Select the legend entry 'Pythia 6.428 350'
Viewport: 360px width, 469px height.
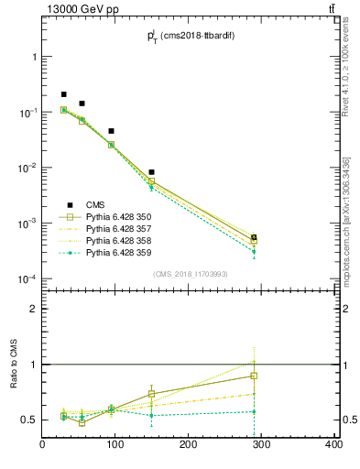click(115, 217)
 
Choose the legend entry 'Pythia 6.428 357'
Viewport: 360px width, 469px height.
click(115, 228)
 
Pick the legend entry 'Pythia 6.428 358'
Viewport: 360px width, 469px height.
click(115, 240)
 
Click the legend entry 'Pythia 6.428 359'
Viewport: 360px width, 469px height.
click(115, 252)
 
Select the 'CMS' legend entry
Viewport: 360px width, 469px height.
click(94, 205)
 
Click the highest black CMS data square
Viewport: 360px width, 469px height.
click(64, 94)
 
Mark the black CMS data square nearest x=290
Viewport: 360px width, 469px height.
click(254, 237)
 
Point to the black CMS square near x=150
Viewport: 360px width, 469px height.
click(152, 172)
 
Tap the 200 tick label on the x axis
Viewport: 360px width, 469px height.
click(189, 445)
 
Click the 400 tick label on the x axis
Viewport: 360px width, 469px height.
click(333, 445)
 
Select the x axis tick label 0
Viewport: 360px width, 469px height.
click(43, 445)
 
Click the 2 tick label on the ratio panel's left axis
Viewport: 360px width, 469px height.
click(33, 310)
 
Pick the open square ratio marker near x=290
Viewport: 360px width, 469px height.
click(254, 376)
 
